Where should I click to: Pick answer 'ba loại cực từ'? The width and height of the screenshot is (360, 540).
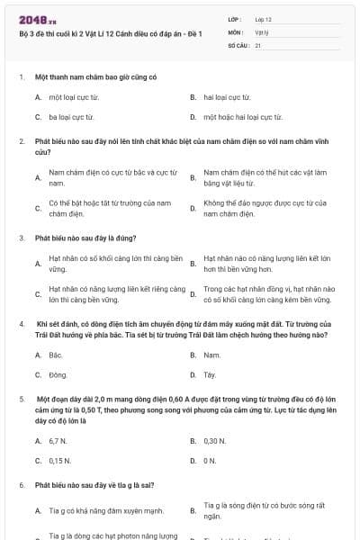point(71,117)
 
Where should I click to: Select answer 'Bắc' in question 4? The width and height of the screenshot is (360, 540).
point(56,355)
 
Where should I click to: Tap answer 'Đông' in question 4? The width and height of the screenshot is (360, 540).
point(58,374)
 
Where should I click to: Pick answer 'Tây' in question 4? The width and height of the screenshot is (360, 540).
point(210,374)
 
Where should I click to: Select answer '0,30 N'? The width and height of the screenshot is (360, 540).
point(215,441)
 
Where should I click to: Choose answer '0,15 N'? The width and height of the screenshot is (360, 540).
point(60,461)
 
